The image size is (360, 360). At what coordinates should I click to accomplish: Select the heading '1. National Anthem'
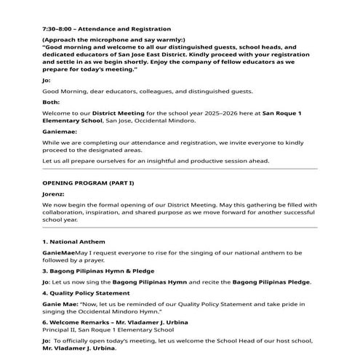pos(74,241)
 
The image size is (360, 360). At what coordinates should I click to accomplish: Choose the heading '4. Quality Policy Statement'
pos(87,293)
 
